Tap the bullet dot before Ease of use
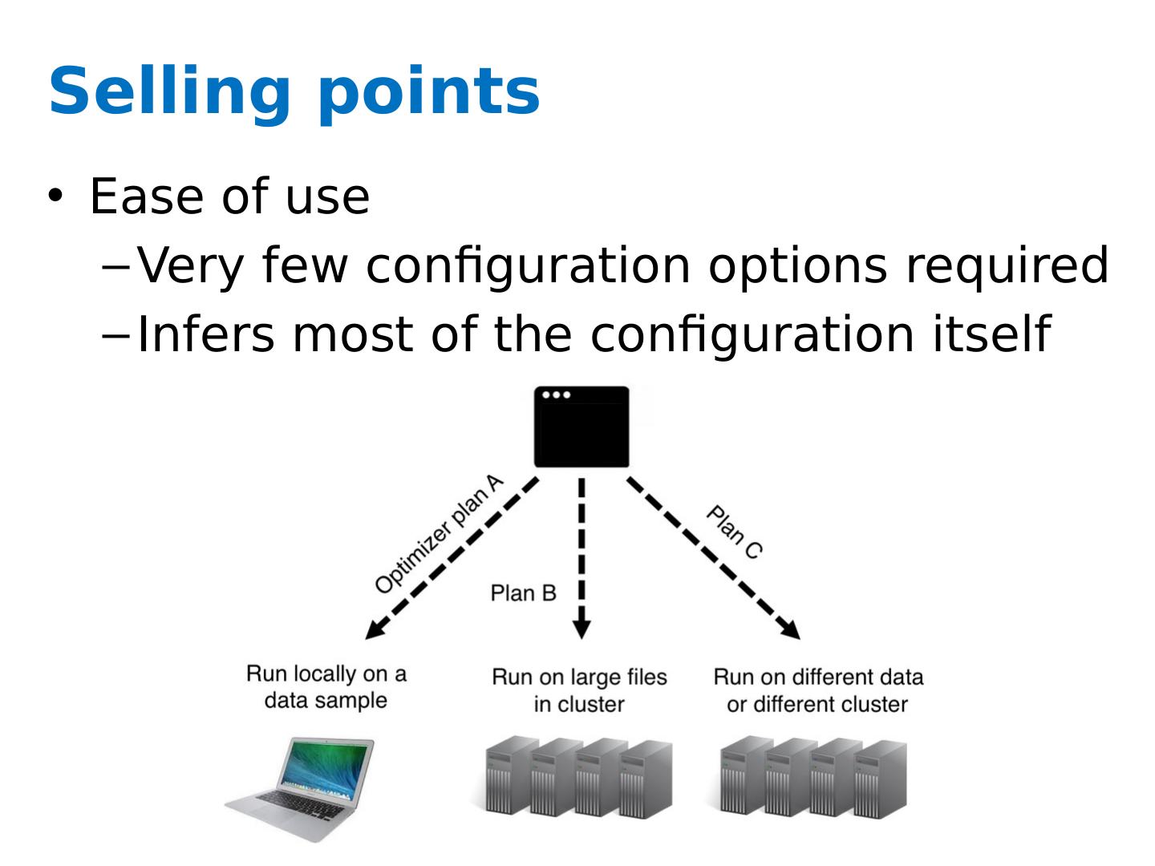coord(55,195)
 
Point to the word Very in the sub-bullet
coord(189,266)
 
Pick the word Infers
coord(205,334)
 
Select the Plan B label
coord(523,593)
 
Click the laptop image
coord(301,788)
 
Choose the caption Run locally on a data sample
coord(326,687)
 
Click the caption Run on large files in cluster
coord(579,690)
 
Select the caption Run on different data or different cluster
coord(817,690)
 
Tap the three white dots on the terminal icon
coord(556,395)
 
